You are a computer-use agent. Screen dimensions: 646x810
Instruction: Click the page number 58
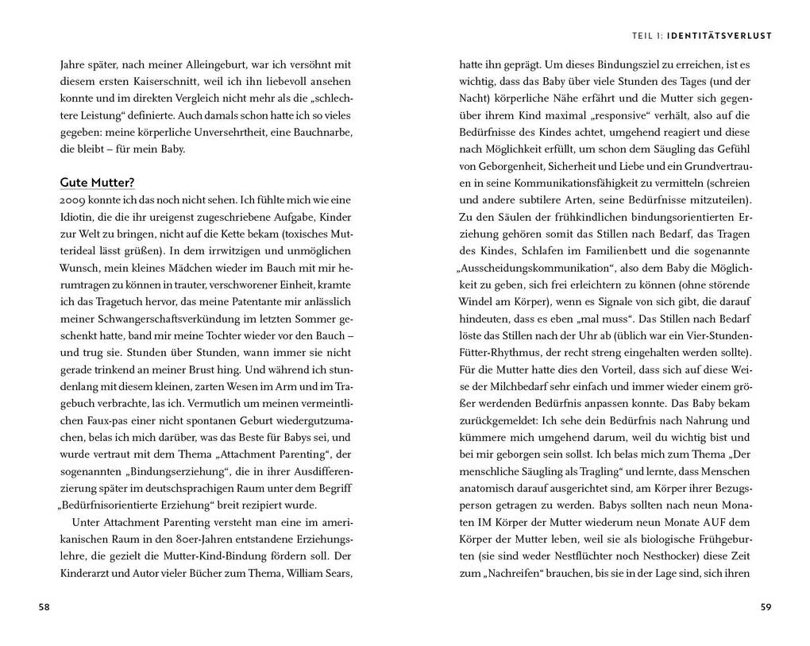tap(44, 607)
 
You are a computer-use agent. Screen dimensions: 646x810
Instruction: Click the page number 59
tap(766, 607)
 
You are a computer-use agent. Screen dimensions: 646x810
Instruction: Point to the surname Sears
tap(334, 573)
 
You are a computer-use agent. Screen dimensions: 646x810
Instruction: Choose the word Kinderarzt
tap(87, 573)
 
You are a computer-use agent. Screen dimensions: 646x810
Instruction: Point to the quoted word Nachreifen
tap(508, 573)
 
